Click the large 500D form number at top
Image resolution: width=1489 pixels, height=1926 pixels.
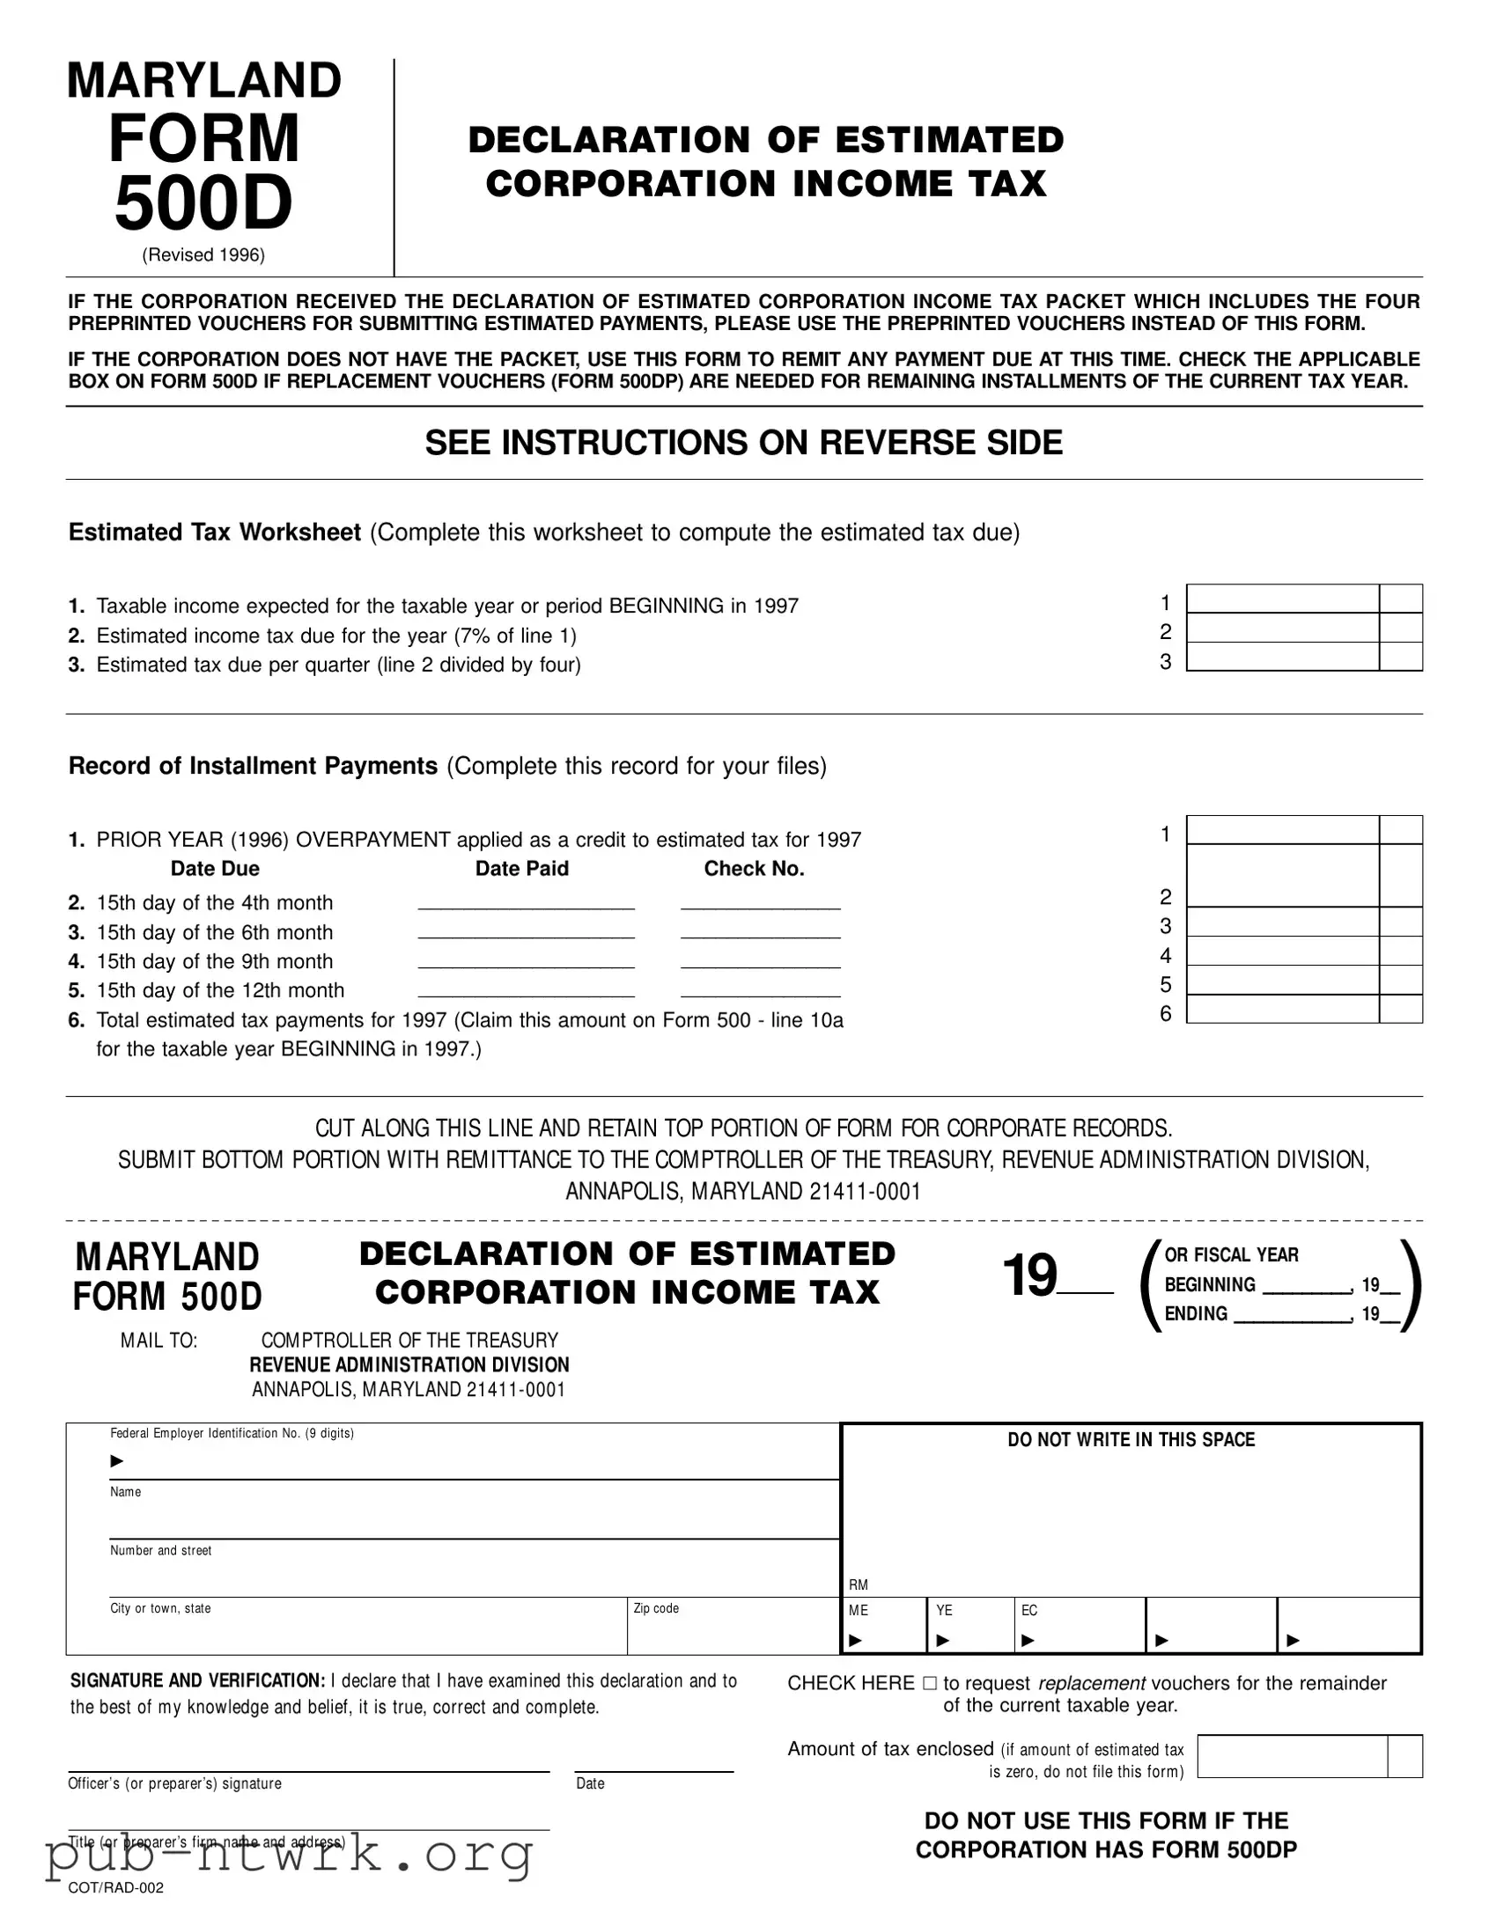point(203,202)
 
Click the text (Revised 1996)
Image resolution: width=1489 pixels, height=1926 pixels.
point(203,256)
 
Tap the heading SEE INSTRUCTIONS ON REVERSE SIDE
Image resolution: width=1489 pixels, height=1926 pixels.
point(743,443)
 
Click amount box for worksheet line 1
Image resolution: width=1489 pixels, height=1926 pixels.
point(1283,599)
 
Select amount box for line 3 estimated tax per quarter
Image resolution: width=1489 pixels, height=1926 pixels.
point(1283,657)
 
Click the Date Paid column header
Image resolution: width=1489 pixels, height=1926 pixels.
point(521,869)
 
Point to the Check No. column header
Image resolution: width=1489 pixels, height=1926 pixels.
point(754,869)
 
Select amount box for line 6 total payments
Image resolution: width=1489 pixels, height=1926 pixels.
point(1283,1009)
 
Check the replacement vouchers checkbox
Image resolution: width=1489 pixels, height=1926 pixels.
point(929,1683)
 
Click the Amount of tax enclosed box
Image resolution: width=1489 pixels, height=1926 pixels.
point(1293,1756)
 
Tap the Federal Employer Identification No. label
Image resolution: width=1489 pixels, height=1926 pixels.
point(231,1434)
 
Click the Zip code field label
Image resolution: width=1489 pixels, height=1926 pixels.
point(656,1608)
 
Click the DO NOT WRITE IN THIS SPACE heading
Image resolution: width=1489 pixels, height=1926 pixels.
point(1131,1440)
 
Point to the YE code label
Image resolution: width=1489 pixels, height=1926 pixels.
point(944,1610)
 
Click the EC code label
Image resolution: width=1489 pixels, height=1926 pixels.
point(1028,1610)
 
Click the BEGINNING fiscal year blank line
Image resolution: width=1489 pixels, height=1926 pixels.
point(1306,1289)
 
